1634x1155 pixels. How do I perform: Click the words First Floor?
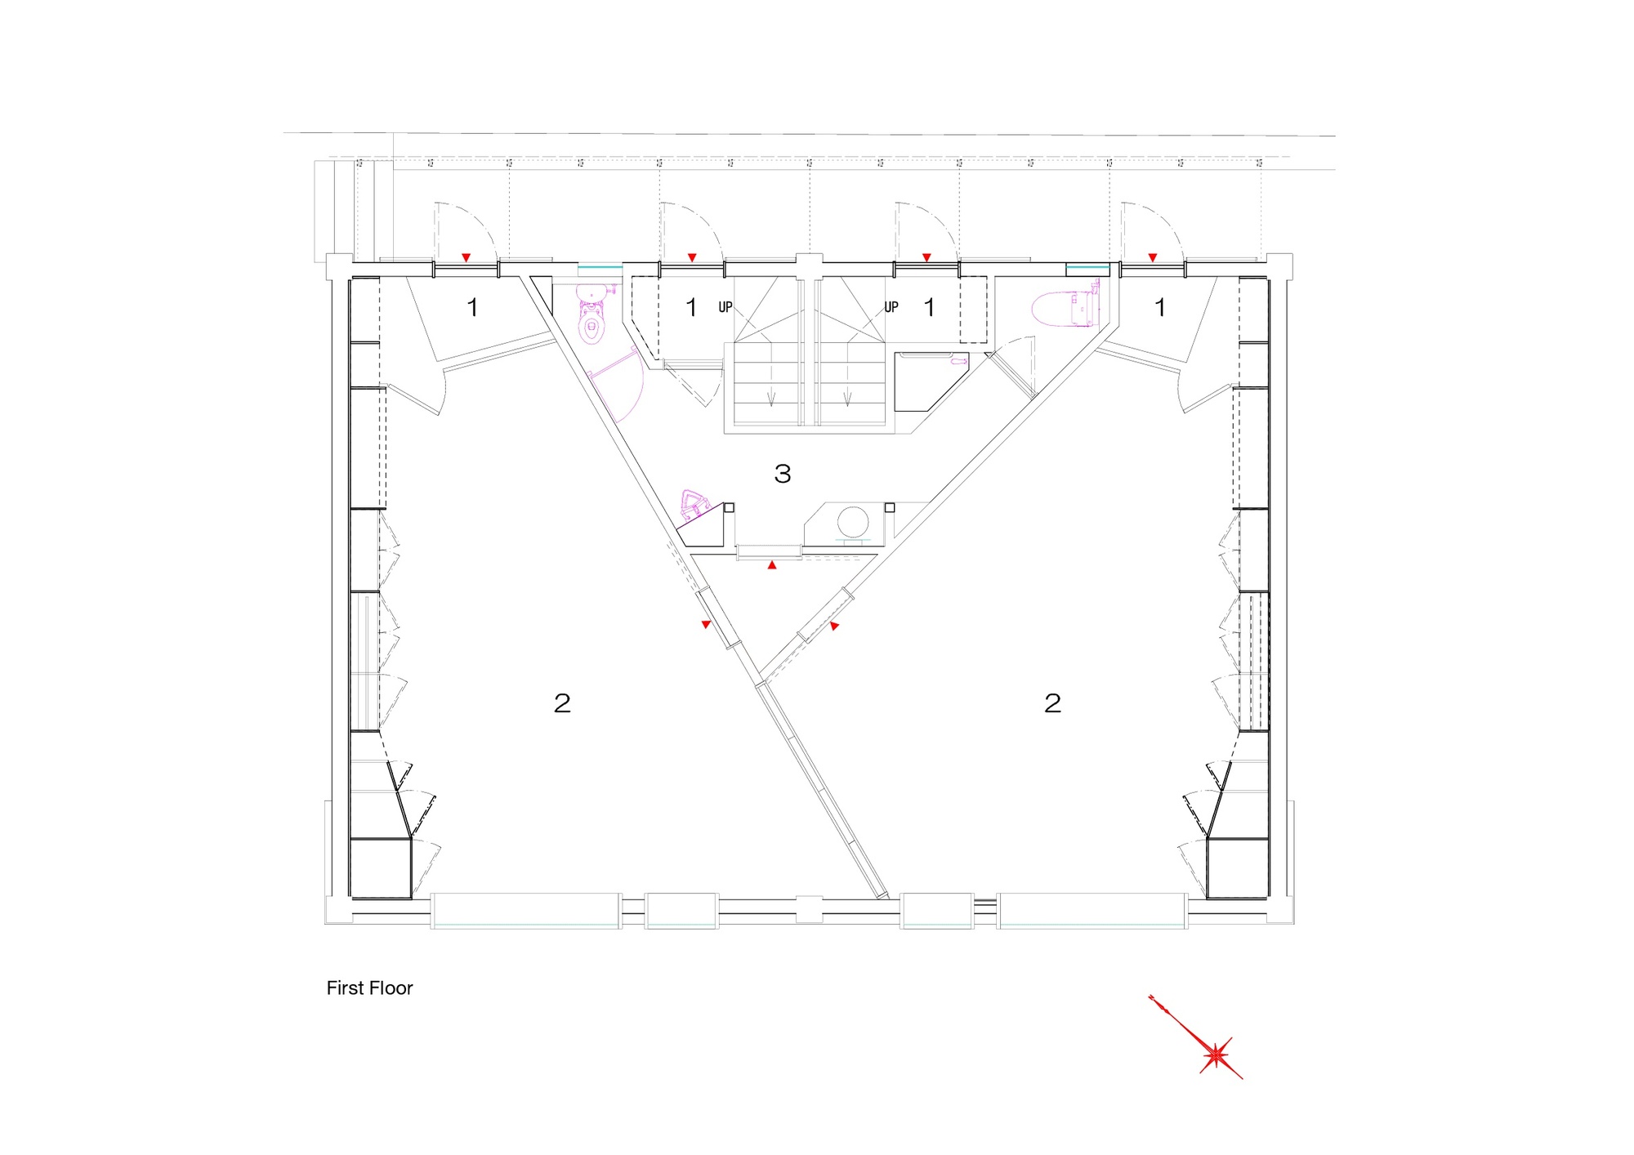(369, 988)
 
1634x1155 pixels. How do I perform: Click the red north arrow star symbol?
(1215, 1054)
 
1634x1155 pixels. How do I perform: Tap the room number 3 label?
(783, 474)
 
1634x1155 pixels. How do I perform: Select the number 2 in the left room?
(562, 703)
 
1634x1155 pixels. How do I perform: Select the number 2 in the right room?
(1052, 703)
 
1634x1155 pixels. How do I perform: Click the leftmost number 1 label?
(472, 308)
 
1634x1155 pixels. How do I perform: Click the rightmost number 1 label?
(1160, 308)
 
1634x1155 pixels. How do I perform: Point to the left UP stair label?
(725, 307)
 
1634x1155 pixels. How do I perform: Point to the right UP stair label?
(891, 307)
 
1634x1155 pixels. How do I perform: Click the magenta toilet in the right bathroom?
(1067, 306)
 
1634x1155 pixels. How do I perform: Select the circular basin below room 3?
(852, 522)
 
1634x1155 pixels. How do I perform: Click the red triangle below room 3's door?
(772, 564)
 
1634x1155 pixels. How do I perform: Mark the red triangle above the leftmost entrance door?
(466, 257)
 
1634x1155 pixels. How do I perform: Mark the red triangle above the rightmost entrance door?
(1152, 257)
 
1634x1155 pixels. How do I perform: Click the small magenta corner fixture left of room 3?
(694, 504)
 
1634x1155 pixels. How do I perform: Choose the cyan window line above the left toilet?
(600, 267)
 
